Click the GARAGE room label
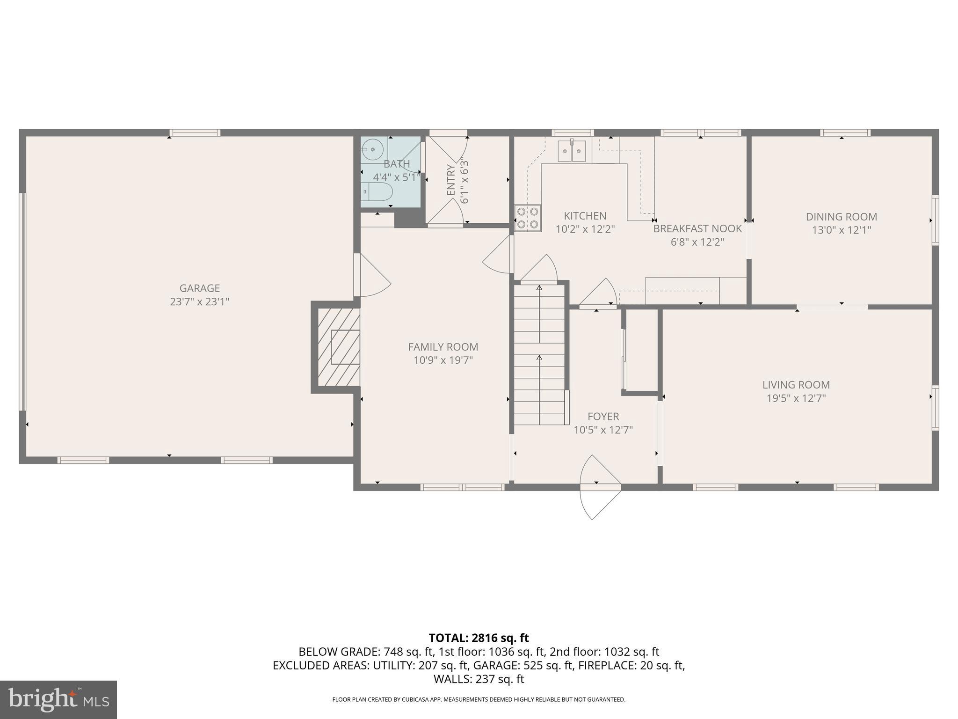tap(199, 288)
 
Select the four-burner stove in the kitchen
tap(528, 218)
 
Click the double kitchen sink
tap(572, 151)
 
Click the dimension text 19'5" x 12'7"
tap(796, 398)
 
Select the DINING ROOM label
tap(841, 217)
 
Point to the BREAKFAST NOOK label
tap(697, 229)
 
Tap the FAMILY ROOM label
tap(443, 347)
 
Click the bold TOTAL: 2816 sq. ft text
tap(479, 638)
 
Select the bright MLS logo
tap(58, 699)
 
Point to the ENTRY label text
tap(451, 180)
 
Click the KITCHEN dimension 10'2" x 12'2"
tap(585, 229)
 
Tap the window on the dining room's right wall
tap(935, 220)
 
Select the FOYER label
tap(603, 416)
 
